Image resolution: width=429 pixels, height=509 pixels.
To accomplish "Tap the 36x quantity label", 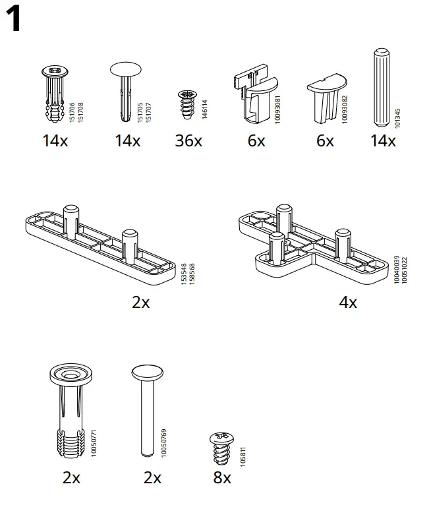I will (x=188, y=140).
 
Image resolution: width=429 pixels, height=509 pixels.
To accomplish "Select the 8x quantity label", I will (x=222, y=477).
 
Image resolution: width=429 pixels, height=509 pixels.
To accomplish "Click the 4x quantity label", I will (x=347, y=302).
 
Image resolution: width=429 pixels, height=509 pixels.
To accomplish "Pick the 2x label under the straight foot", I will (x=140, y=302).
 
